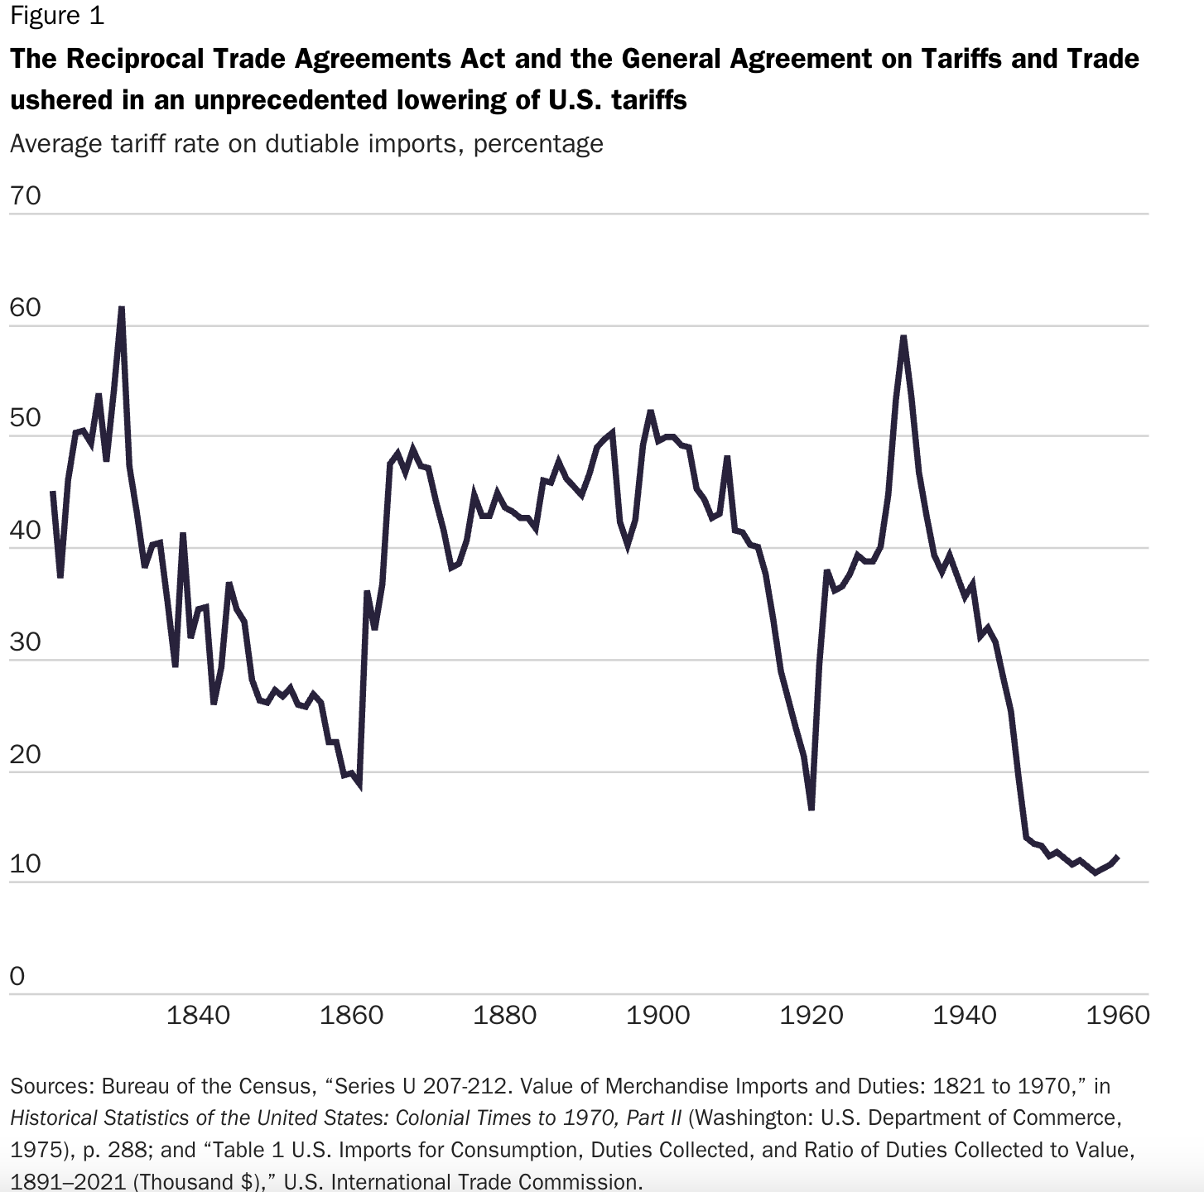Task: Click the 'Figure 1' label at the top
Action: tap(57, 16)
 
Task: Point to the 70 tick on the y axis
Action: tap(25, 196)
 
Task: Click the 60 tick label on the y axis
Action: tap(25, 308)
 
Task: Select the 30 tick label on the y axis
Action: tap(25, 642)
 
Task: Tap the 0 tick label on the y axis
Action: tap(17, 977)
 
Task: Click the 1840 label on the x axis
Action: tap(198, 1016)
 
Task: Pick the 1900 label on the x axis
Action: tap(657, 1016)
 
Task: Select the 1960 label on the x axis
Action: tap(1118, 1016)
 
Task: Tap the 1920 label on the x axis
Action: tap(811, 1016)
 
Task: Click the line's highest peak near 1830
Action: tap(122, 308)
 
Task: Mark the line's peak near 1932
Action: tap(903, 337)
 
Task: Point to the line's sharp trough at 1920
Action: tap(811, 809)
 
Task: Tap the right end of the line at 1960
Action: tap(1118, 857)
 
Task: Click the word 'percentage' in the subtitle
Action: tap(538, 144)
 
